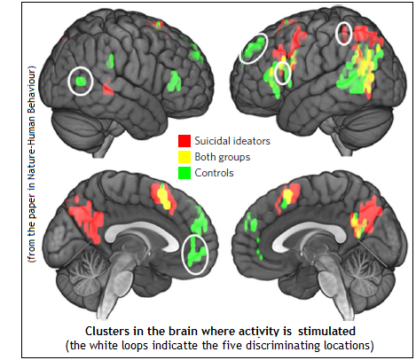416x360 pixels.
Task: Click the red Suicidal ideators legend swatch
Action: tap(184, 141)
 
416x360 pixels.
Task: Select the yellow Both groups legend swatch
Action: tap(184, 157)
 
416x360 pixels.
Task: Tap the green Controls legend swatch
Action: tap(184, 173)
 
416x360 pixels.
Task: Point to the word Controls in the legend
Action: tap(214, 173)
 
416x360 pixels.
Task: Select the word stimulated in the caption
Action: tap(326, 331)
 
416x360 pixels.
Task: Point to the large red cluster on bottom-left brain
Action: tap(87, 219)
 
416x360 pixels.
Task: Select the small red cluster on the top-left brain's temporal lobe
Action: tap(108, 89)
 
